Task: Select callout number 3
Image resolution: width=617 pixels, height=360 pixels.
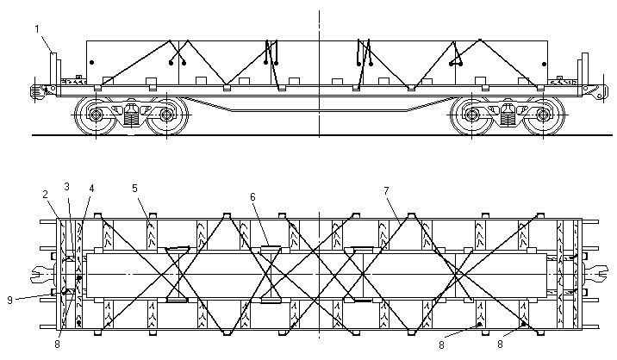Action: [x=67, y=187]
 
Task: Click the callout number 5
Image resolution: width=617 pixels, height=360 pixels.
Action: [x=134, y=187]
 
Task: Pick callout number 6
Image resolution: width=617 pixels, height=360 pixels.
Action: [x=252, y=197]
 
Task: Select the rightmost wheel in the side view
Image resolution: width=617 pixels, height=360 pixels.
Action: [x=542, y=114]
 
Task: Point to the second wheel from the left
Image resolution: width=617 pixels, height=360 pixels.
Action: [x=165, y=114]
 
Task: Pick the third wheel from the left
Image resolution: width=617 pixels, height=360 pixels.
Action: [x=471, y=114]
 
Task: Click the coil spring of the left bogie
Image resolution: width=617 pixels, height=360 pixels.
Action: [x=131, y=115]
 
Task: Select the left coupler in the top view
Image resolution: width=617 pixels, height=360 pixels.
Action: [x=39, y=276]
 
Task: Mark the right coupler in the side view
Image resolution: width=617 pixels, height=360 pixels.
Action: [x=593, y=90]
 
